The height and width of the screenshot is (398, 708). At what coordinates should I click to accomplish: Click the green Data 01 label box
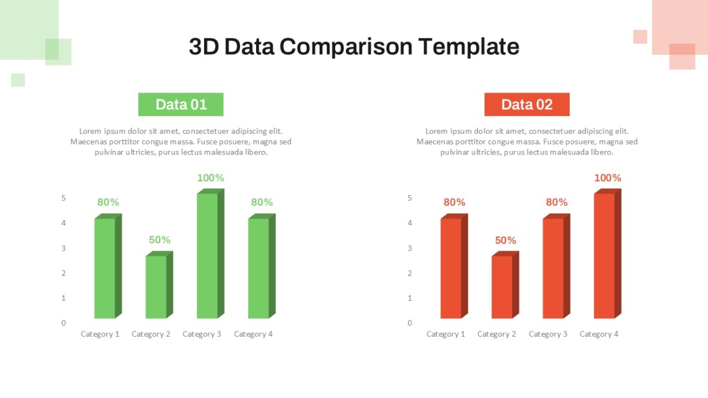(x=181, y=104)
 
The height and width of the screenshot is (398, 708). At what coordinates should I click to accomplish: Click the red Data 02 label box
(x=527, y=104)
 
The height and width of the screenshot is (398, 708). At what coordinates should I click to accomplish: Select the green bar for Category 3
(x=211, y=254)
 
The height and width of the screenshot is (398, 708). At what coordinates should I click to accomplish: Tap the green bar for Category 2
(x=159, y=285)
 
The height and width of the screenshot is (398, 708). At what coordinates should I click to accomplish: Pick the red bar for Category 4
(x=608, y=254)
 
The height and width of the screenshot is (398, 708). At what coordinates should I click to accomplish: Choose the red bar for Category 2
(x=506, y=285)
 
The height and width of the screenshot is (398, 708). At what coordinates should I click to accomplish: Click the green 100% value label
(x=211, y=178)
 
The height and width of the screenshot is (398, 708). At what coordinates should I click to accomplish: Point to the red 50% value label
(x=506, y=241)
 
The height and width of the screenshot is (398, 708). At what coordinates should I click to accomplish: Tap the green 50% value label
(x=160, y=240)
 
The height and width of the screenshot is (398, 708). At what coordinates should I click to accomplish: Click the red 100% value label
(x=608, y=178)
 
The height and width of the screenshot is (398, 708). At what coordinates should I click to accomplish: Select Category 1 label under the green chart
(x=100, y=334)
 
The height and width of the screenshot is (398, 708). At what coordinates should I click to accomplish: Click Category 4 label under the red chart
(x=599, y=334)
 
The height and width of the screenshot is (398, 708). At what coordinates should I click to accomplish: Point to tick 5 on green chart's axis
(x=64, y=198)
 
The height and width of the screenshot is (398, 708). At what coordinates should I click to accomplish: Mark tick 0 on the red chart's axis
(x=409, y=323)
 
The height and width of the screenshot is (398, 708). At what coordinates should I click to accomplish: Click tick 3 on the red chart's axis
(x=409, y=248)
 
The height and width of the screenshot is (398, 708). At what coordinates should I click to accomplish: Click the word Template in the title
(x=468, y=47)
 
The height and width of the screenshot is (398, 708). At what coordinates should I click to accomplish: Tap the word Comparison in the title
(x=346, y=47)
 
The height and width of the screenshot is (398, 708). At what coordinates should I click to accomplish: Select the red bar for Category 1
(x=454, y=266)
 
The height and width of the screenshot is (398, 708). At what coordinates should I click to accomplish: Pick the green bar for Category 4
(x=262, y=266)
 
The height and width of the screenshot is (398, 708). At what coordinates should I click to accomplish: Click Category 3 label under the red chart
(x=548, y=334)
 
